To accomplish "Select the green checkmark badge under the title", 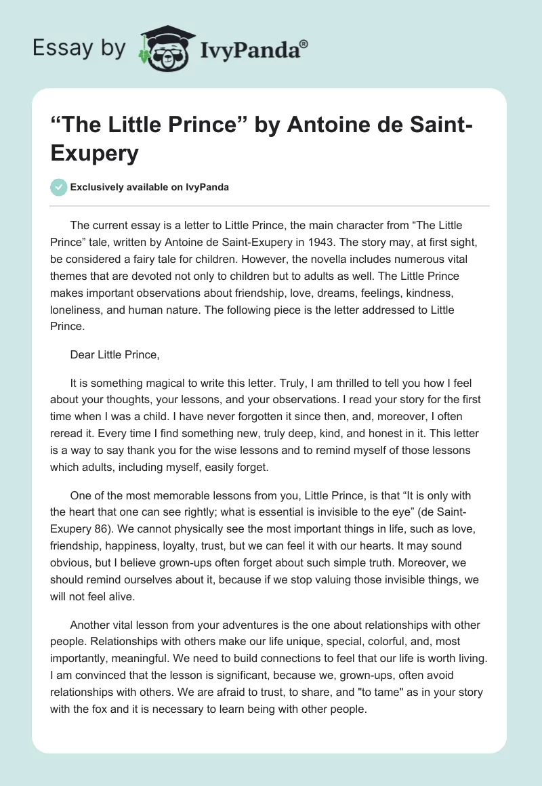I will pos(59,187).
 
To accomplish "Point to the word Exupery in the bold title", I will pos(95,154).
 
